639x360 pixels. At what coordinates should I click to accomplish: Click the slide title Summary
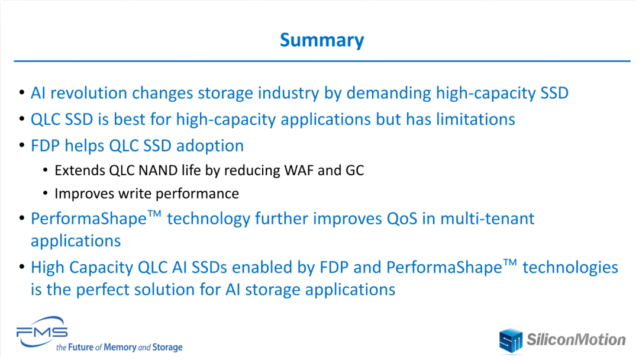coord(321,40)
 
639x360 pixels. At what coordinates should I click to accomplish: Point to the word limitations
coord(476,119)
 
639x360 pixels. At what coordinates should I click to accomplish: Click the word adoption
coord(210,146)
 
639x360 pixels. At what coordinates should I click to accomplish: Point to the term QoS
coord(402,219)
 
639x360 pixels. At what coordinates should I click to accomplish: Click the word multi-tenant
coord(487,219)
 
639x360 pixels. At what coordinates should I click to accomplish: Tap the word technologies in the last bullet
coord(570,268)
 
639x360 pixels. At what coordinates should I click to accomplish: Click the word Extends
coord(80,171)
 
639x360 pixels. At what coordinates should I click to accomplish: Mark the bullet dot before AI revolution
coord(22,92)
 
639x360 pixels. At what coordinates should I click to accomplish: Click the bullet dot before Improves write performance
coord(45,193)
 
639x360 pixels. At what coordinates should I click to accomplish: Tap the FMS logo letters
coord(42,332)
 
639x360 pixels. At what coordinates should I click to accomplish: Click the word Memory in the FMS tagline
coord(120,348)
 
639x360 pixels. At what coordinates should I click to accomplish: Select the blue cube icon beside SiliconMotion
coord(511,340)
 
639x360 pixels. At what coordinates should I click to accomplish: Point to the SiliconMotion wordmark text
coord(576,340)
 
